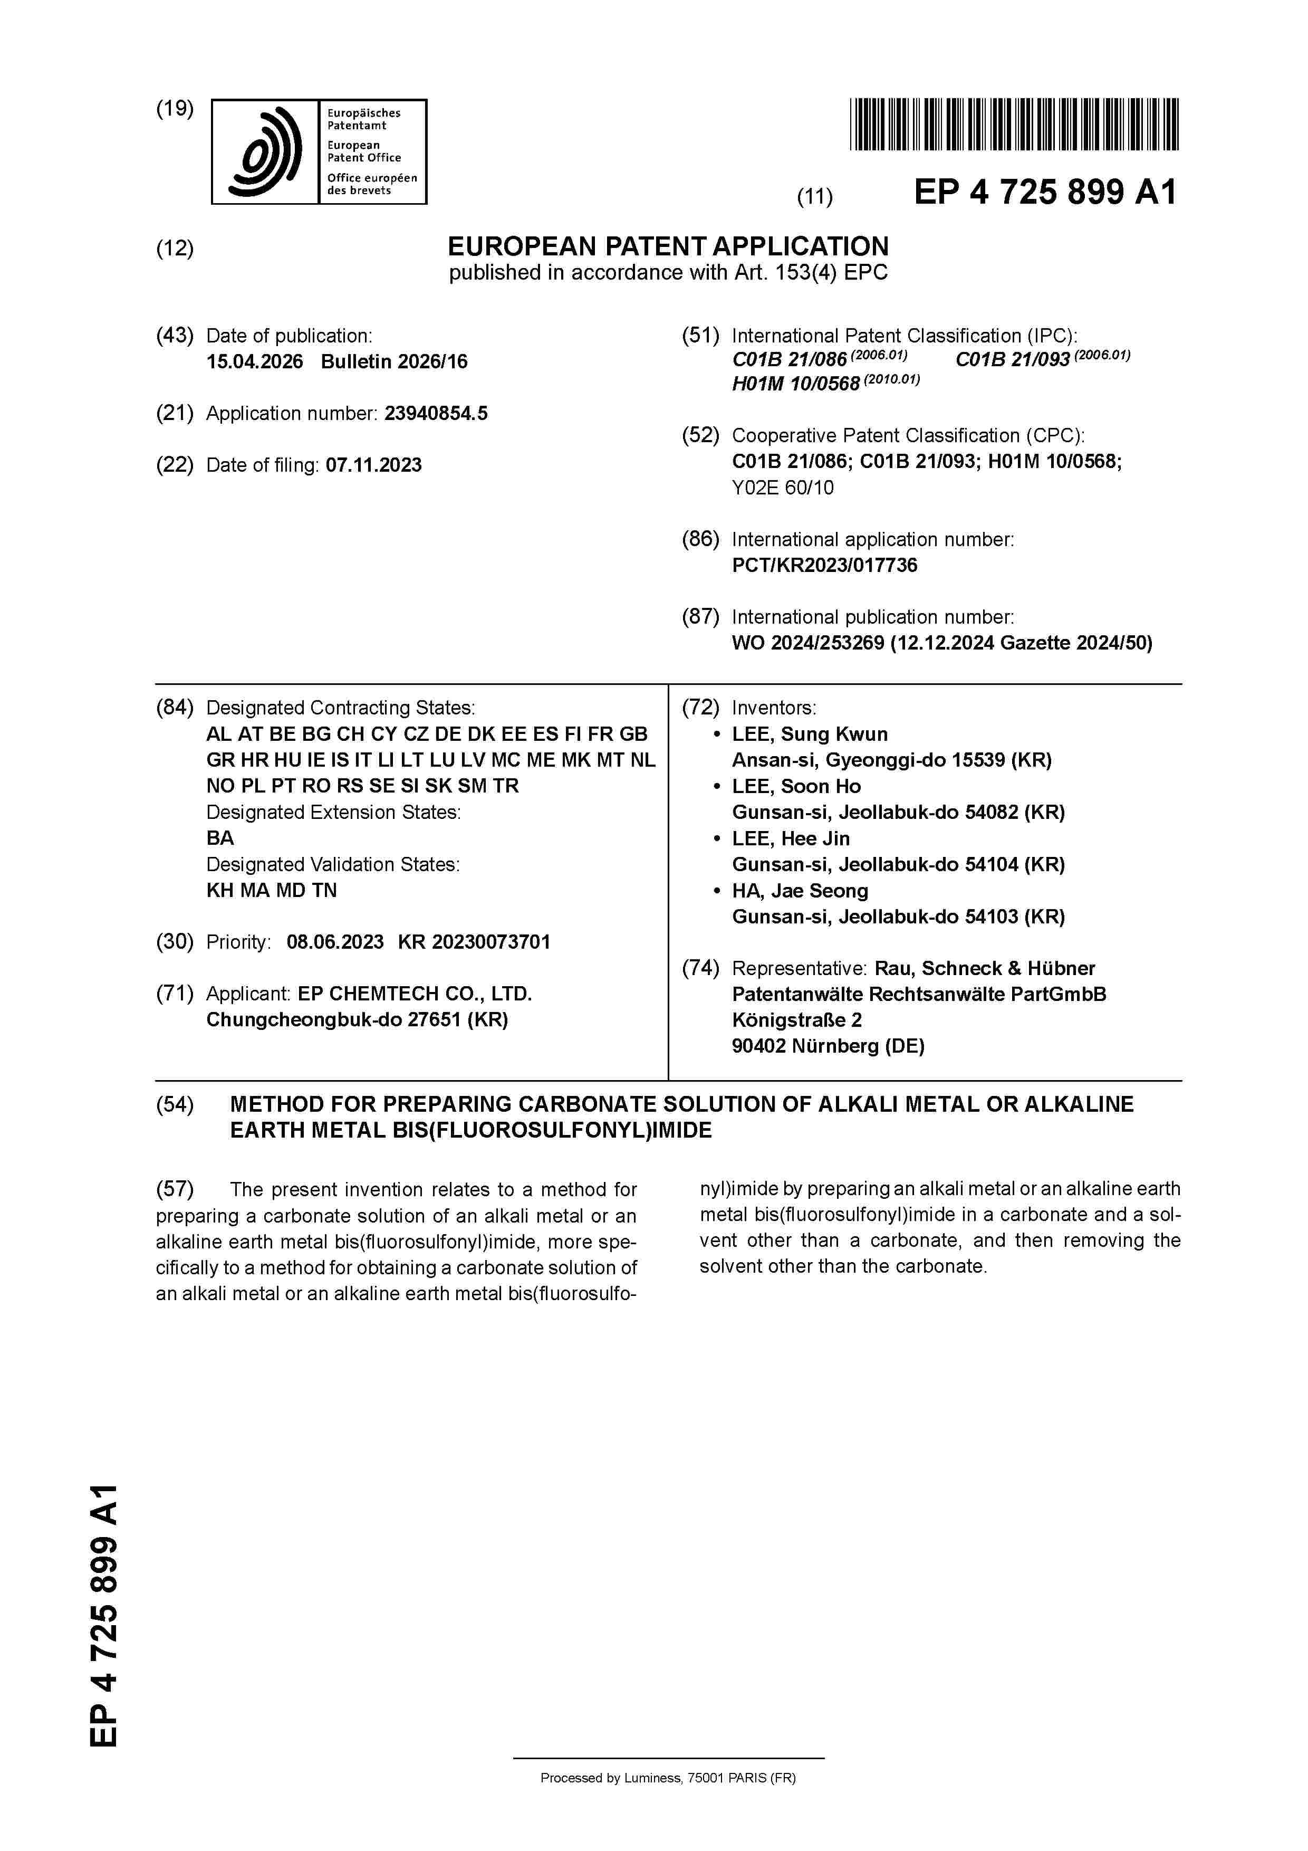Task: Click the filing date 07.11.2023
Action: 373,465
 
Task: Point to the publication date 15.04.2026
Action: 255,362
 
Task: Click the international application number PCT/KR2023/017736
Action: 824,565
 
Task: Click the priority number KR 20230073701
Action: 474,942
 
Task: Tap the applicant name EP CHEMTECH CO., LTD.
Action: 414,994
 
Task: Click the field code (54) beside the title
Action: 175,1104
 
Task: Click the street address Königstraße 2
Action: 796,1020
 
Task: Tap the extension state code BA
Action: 220,838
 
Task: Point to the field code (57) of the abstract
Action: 175,1189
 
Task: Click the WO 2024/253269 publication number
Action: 807,643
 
